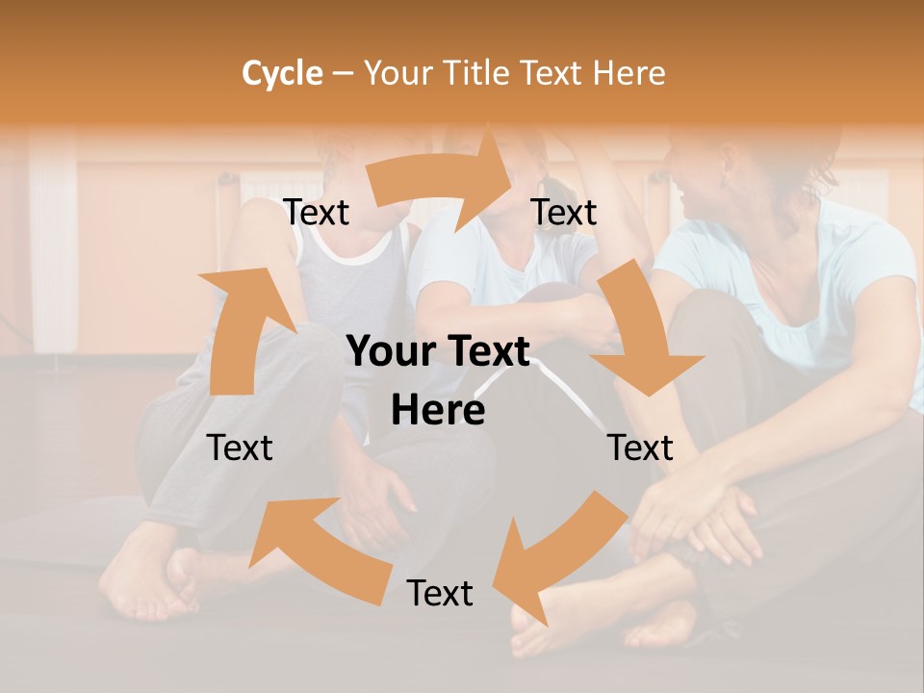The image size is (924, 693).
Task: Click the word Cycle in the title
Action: pos(282,73)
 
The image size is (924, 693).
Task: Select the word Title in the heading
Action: pos(481,73)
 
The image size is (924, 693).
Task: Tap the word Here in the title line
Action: pos(630,73)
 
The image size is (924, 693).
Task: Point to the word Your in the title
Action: pos(398,73)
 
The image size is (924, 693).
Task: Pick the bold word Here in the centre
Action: pos(438,411)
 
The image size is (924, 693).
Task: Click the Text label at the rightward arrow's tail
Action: pos(317,213)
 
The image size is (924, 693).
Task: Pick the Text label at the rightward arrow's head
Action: pos(564,213)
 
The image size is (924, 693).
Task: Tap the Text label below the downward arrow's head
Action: pos(640,448)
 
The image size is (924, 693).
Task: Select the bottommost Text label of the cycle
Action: pos(440,593)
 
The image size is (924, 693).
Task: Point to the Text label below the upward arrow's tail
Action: pos(241,448)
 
